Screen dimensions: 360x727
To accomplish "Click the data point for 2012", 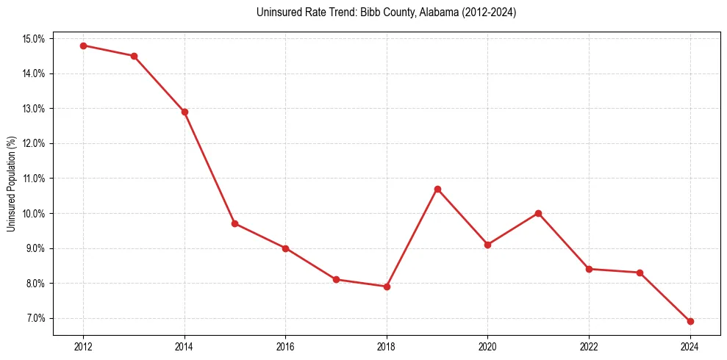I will click(83, 46).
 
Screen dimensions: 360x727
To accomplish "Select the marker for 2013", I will click(134, 56).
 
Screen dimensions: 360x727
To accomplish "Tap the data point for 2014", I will click(185, 112).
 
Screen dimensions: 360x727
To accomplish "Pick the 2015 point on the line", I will click(234, 223).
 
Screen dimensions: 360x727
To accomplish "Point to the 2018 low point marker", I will click(387, 287).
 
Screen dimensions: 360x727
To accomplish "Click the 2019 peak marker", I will click(437, 189).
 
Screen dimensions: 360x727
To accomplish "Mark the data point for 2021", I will click(538, 213).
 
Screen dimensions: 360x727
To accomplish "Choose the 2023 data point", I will click(640, 273).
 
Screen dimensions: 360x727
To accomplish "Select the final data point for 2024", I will click(690, 321).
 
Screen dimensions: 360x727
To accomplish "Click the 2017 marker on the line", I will click(336, 279).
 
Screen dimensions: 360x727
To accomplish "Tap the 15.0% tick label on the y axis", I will click(35, 38).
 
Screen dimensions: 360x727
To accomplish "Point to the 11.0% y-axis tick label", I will click(35, 179).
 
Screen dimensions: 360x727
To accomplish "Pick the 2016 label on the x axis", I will click(285, 346).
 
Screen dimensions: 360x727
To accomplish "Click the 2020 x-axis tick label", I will click(488, 346).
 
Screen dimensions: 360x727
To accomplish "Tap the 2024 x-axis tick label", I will click(690, 346).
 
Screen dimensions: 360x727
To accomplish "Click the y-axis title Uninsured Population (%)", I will click(12, 184).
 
